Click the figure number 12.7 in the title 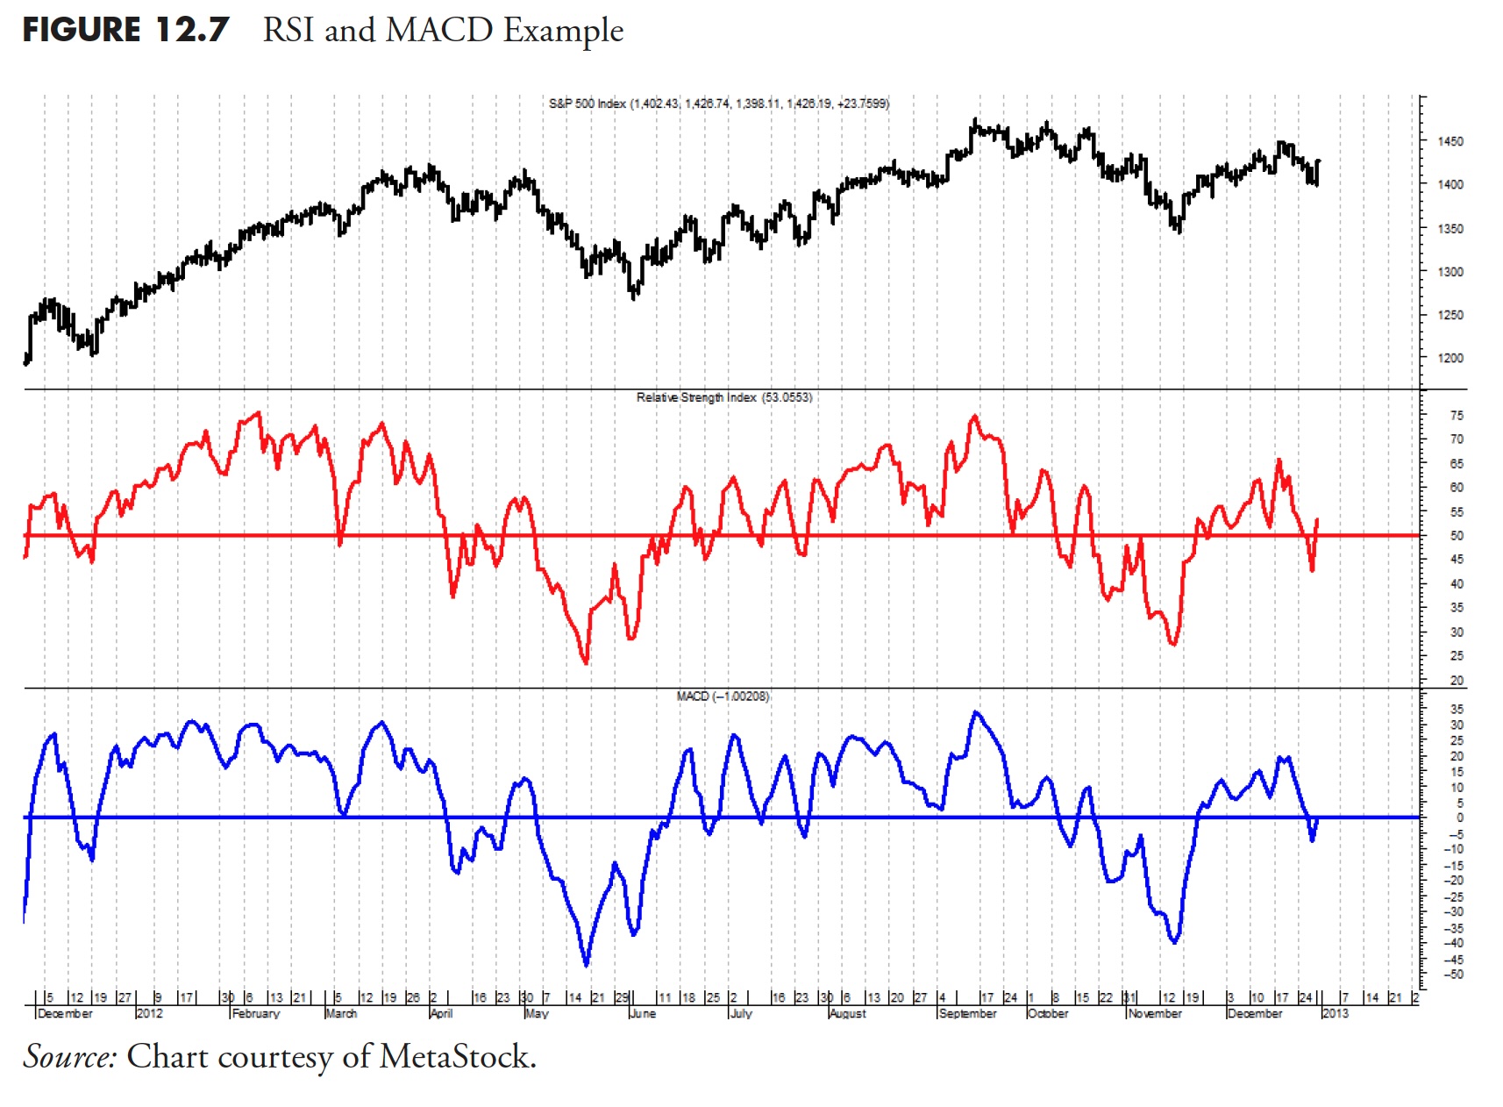(192, 31)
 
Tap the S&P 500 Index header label (588, 104)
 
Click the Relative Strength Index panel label (696, 397)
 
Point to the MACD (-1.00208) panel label (723, 696)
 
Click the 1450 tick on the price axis (1450, 141)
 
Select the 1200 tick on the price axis (1450, 358)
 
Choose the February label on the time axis (256, 1014)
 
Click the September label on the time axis (967, 1014)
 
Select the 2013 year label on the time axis (1335, 1014)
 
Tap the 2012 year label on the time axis (149, 1014)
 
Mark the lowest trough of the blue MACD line (586, 965)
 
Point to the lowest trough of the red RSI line (586, 662)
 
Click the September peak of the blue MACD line (976, 712)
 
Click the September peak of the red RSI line (974, 416)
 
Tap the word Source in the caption (69, 1057)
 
